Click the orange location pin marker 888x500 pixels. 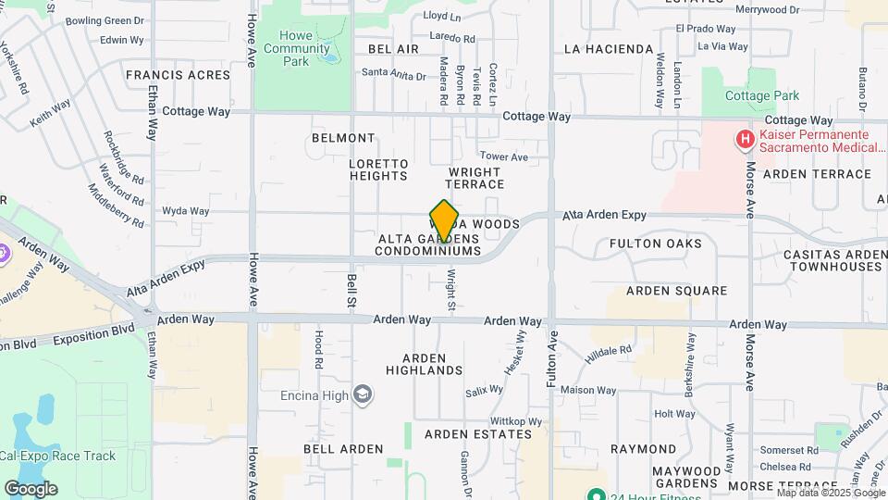pos(444,220)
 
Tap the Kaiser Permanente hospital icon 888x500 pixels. pos(744,140)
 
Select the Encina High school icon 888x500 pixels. pos(364,395)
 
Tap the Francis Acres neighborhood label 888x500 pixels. pos(178,75)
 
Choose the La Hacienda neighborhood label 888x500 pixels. pos(608,49)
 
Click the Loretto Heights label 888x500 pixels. pos(378,169)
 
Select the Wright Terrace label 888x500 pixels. pos(475,178)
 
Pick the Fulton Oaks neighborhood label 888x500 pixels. pos(655,244)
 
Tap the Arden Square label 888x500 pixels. pos(676,291)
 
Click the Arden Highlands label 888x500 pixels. pos(431,364)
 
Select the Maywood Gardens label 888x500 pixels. pos(685,477)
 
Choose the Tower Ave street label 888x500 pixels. pos(503,157)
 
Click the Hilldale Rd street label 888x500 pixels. pos(609,351)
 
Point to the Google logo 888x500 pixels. pos(31,488)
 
